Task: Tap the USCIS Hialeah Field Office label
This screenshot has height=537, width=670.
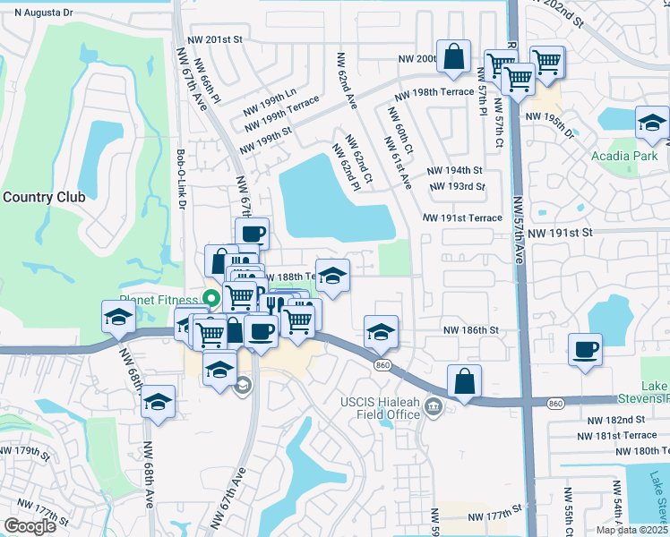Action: [x=381, y=408]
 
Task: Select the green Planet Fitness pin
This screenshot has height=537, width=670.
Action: [x=211, y=298]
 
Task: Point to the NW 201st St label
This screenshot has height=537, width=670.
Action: [x=215, y=39]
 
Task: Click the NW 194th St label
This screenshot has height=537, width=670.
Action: [x=454, y=170]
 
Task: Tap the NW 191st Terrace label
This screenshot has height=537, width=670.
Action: [x=460, y=217]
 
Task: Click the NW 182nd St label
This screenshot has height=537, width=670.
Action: [x=616, y=420]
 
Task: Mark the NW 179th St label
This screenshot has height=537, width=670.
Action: [x=25, y=450]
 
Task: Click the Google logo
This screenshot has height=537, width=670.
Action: [x=30, y=526]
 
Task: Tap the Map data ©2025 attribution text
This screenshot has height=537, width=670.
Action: [x=631, y=530]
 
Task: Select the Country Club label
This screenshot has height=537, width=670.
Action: [x=43, y=197]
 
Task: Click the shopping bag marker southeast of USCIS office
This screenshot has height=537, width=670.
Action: [x=465, y=380]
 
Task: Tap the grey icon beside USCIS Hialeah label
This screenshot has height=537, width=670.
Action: [x=434, y=408]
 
